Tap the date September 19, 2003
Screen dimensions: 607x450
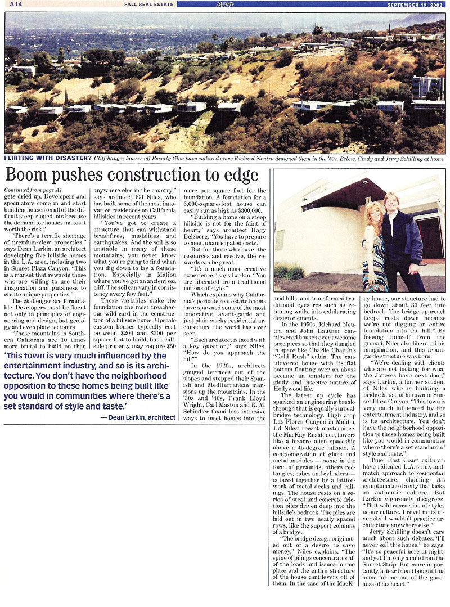pos(415,5)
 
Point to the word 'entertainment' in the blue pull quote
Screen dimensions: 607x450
pos(35,367)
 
